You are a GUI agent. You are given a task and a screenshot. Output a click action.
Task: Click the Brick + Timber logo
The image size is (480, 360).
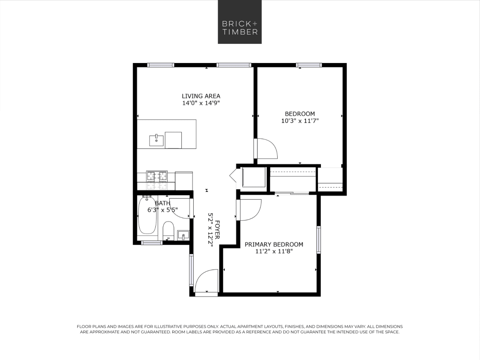[240, 22]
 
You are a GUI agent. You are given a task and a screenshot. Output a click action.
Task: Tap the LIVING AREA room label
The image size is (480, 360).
[201, 96]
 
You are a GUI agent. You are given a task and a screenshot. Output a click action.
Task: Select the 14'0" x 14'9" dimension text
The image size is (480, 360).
[201, 103]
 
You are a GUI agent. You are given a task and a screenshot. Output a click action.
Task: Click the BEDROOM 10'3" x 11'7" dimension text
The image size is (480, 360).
[299, 121]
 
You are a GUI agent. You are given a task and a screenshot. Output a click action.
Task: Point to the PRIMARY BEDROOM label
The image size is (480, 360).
[274, 244]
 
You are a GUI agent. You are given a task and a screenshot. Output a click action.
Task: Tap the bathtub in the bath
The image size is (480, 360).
[147, 216]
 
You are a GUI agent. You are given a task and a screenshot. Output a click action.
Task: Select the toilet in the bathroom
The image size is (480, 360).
[168, 230]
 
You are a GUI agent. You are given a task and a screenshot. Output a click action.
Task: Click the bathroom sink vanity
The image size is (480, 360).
[183, 235]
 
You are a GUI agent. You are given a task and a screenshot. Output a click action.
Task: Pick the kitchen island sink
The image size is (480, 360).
[156, 140]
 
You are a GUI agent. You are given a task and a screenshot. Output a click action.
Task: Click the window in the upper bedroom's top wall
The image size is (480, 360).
[309, 65]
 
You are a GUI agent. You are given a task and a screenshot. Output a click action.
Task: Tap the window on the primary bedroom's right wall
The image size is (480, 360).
[319, 239]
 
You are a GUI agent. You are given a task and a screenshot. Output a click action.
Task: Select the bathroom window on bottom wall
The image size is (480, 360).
[152, 243]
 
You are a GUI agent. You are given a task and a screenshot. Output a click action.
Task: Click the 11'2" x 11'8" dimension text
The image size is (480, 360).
[274, 252]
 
